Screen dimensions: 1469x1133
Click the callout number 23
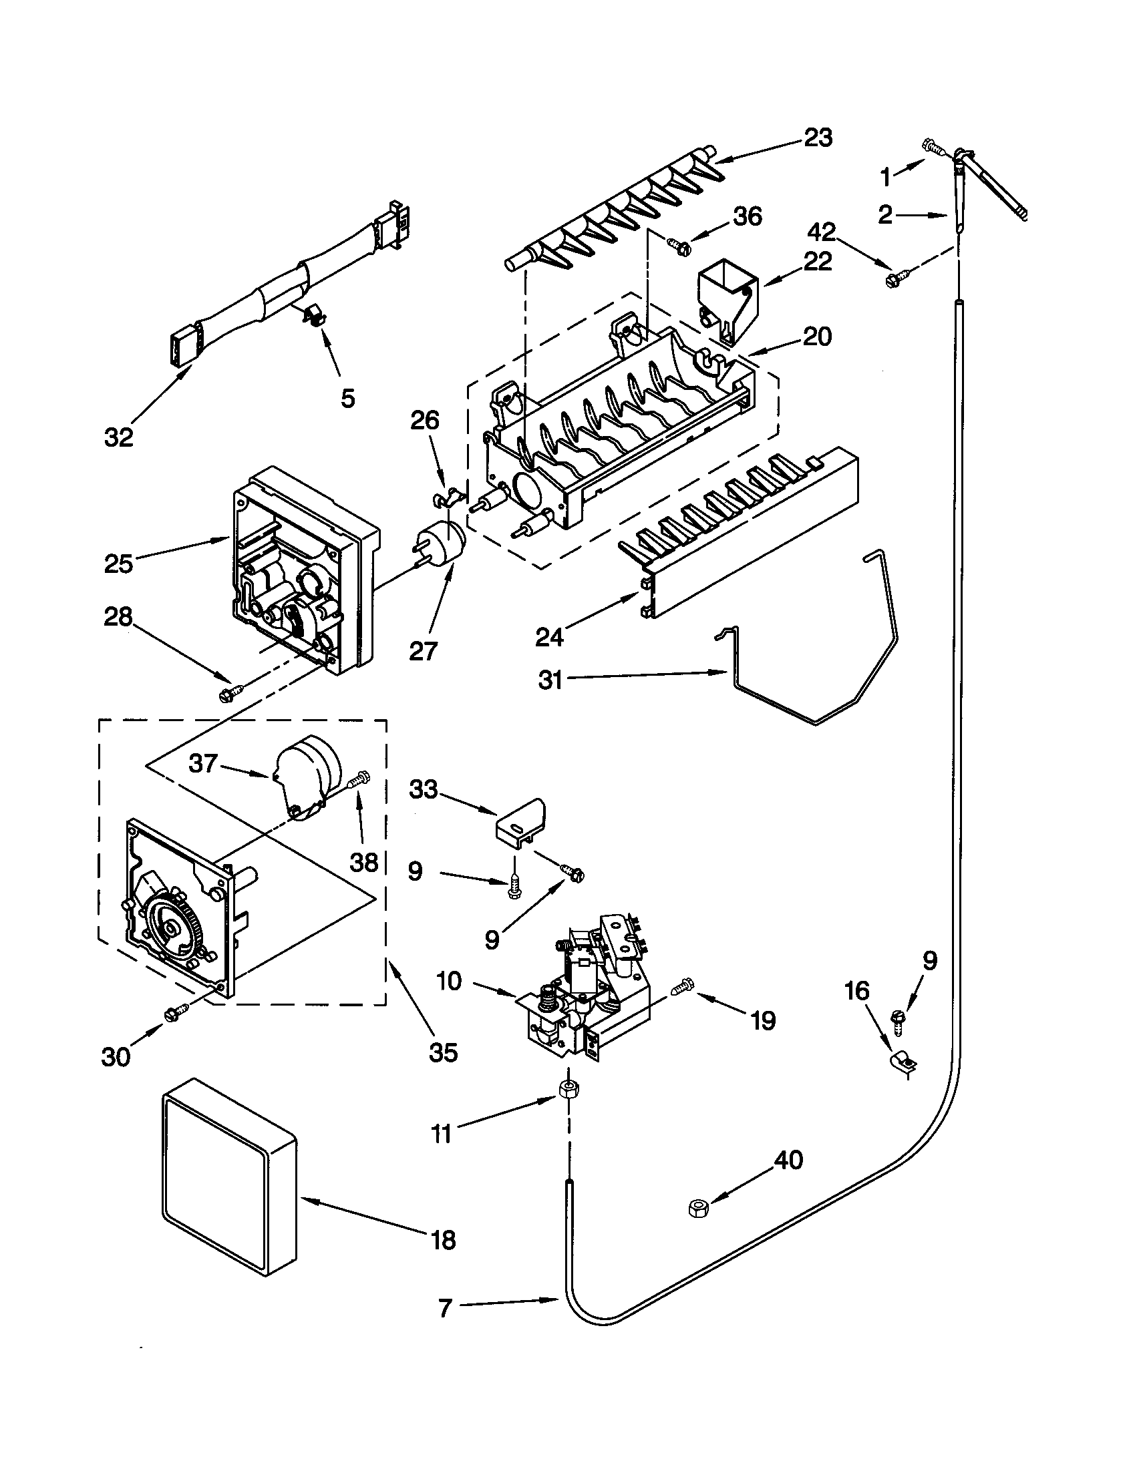pos(818,138)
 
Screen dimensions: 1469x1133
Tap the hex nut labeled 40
pos(697,1208)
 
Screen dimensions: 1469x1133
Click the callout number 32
pos(119,438)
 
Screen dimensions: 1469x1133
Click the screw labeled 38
pos(357,780)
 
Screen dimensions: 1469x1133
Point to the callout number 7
pos(444,1308)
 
